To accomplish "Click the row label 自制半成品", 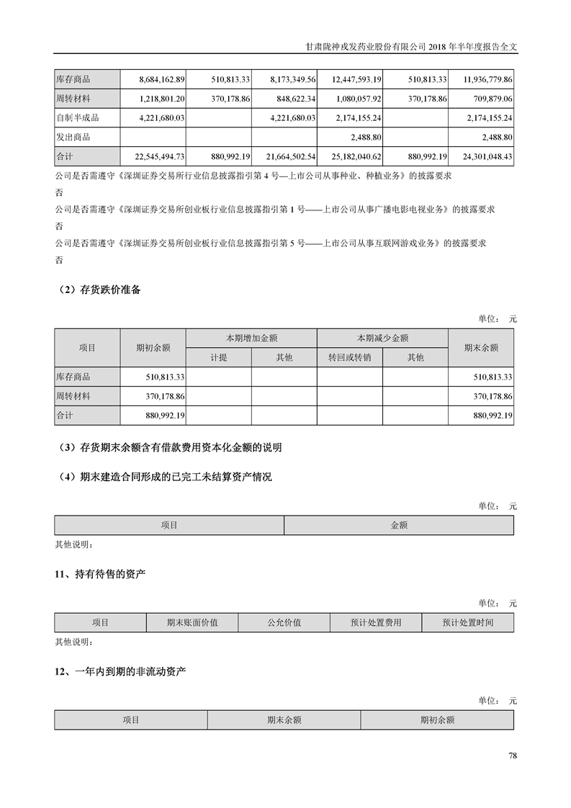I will tap(77, 117).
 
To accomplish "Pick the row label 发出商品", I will tap(73, 137).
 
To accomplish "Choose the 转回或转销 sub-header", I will tap(349, 357).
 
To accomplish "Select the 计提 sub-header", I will tap(218, 357).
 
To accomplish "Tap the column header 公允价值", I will tap(284, 623).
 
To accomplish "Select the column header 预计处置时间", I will tap(467, 623).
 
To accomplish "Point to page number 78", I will tap(513, 755).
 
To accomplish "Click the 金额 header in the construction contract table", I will tap(399, 526).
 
